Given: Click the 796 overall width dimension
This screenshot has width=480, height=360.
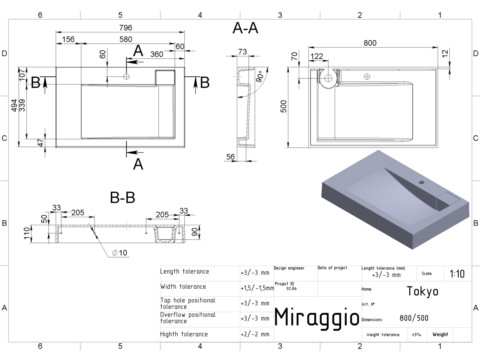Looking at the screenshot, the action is (x=126, y=28).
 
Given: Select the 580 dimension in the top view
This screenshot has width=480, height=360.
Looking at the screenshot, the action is (x=126, y=39).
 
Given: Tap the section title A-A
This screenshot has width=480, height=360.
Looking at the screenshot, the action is (x=245, y=28).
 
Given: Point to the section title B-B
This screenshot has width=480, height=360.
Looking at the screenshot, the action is (x=122, y=197).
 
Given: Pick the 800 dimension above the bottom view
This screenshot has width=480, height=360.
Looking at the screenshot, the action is (x=370, y=43).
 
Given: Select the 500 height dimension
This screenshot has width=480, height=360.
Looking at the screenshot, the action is (x=284, y=106).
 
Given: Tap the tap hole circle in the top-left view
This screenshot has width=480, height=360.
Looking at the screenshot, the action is (x=126, y=76).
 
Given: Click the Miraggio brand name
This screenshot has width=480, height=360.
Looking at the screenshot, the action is (x=317, y=318).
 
